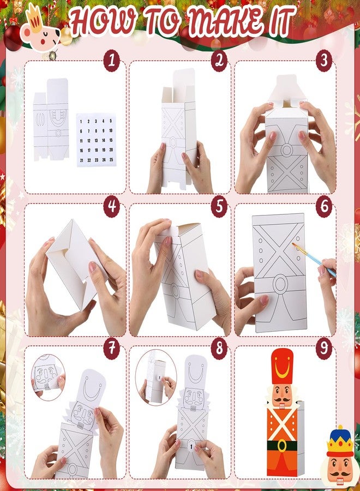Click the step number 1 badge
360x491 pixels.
pyautogui.click(x=112, y=61)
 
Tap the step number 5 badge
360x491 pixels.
pyautogui.click(x=219, y=206)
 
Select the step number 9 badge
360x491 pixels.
pyautogui.click(x=324, y=348)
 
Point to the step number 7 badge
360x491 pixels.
pyautogui.click(x=112, y=348)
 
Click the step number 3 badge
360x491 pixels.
pyautogui.click(x=324, y=61)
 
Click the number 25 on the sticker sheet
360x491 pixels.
pyautogui.click(x=111, y=159)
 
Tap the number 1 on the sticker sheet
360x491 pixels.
pyautogui.click(x=81, y=122)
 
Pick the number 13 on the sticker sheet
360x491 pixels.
pyautogui.click(x=96, y=141)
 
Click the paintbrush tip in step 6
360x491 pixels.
pyautogui.click(x=293, y=244)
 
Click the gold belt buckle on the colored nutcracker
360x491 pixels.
pyautogui.click(x=282, y=445)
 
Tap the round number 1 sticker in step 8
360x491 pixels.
pyautogui.click(x=191, y=446)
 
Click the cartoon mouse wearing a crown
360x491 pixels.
pyautogui.click(x=40, y=31)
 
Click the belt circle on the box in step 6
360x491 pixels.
pyautogui.click(x=280, y=283)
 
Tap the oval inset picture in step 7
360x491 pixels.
pyautogui.click(x=48, y=377)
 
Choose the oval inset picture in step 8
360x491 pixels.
pyautogui.click(x=155, y=377)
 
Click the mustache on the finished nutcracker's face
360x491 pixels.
pyautogui.click(x=281, y=399)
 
